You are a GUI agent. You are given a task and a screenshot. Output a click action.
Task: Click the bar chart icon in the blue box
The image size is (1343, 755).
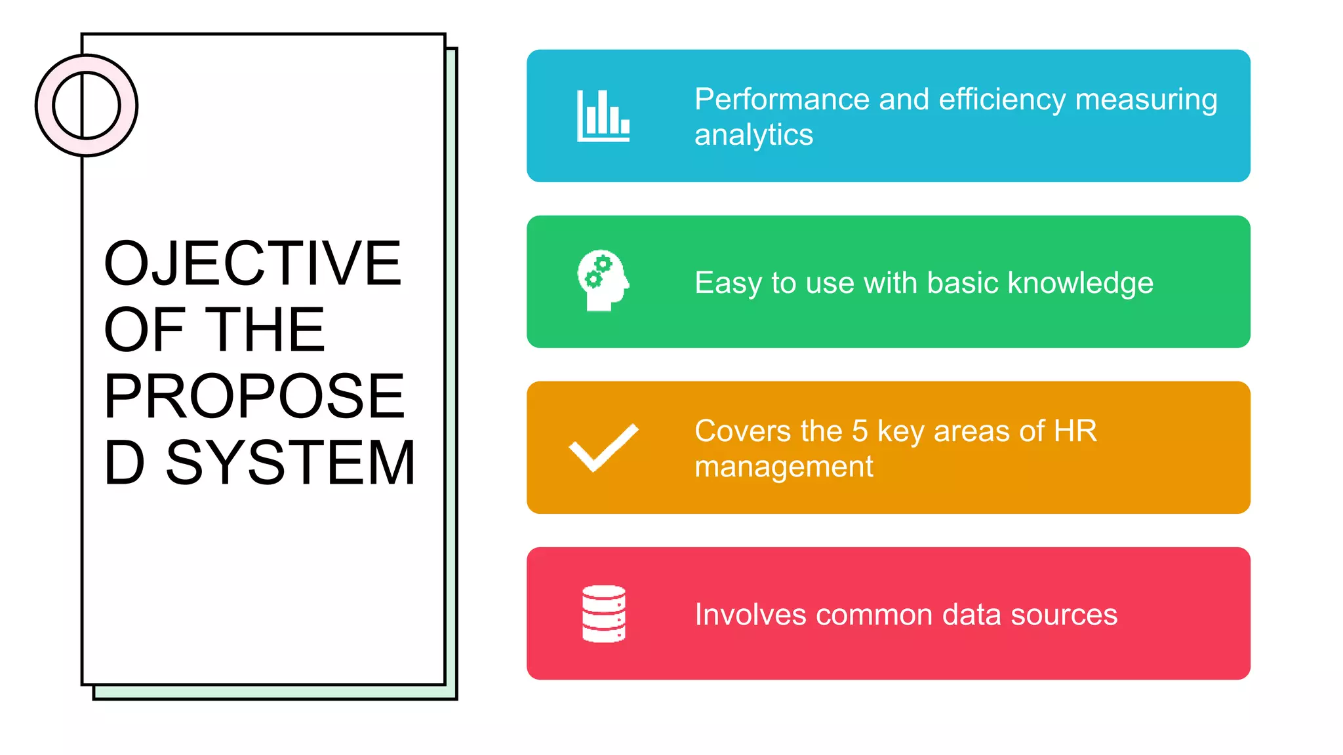[603, 116]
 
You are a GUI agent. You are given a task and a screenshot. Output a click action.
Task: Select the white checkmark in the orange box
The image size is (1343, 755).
[603, 448]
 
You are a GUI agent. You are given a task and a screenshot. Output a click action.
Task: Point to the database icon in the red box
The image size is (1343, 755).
[603, 613]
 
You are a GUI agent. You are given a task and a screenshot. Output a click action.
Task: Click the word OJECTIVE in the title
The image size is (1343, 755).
[253, 263]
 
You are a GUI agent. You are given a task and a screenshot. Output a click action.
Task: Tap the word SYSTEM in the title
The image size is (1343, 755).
[291, 463]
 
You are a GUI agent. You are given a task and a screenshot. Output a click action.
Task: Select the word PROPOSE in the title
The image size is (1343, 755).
[254, 396]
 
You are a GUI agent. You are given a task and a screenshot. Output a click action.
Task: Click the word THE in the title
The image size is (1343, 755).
[265, 330]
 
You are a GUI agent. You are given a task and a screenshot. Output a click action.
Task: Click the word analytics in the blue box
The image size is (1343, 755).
[753, 135]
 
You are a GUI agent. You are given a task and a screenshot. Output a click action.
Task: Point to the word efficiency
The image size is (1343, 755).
[1002, 100]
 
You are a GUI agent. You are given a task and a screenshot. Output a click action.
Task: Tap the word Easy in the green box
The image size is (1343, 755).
[728, 283]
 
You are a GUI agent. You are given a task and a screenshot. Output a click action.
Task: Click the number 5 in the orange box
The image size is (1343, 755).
[860, 431]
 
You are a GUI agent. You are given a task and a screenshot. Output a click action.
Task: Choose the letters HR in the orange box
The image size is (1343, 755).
[1075, 431]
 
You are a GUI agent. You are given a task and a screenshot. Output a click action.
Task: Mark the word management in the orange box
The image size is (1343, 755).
[784, 467]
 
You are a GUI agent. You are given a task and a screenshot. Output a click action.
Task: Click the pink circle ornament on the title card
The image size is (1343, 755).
[87, 106]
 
